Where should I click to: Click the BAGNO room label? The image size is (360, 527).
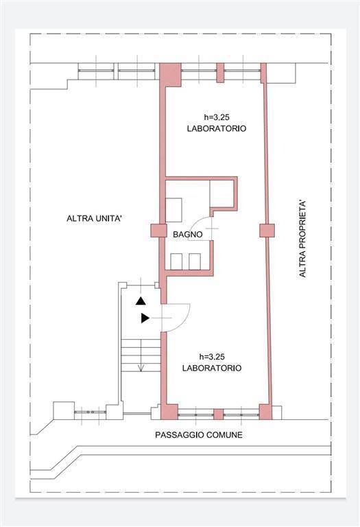(x=188, y=234)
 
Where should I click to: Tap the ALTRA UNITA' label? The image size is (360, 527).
(x=94, y=218)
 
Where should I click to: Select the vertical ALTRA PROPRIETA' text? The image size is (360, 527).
(x=302, y=239)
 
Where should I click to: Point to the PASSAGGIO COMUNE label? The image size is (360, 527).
(x=199, y=435)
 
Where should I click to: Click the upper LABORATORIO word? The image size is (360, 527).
(x=217, y=128)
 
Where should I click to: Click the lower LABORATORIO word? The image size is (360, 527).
(x=212, y=368)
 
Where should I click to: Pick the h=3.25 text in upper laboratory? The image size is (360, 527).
(x=217, y=117)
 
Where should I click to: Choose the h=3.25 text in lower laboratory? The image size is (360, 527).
(x=212, y=357)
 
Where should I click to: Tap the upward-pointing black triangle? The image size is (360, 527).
(x=141, y=301)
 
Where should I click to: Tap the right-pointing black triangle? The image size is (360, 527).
(x=145, y=318)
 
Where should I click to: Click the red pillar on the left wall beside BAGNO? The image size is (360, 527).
(x=158, y=231)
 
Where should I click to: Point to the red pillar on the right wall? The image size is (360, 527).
(x=267, y=231)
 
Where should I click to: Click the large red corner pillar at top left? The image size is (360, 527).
(x=170, y=74)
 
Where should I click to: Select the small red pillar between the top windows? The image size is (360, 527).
(x=220, y=73)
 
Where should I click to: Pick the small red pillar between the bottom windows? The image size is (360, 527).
(x=219, y=414)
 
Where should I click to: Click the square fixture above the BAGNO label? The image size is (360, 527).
(x=173, y=210)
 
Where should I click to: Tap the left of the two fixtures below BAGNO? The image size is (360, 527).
(x=176, y=261)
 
